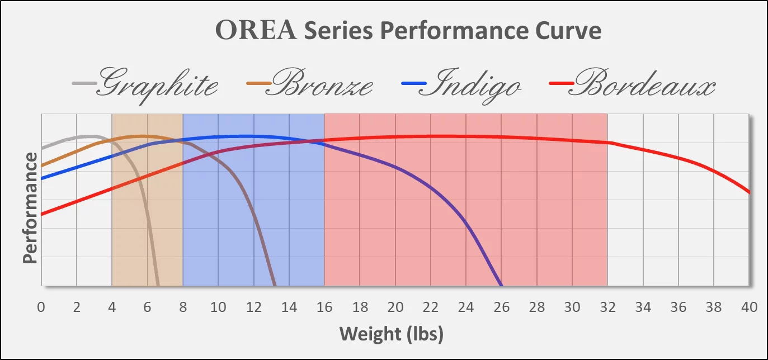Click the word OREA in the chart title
pyautogui.click(x=257, y=31)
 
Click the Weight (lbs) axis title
pyautogui.click(x=392, y=334)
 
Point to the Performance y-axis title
pyautogui.click(x=30, y=207)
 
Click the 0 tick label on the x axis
pyautogui.click(x=41, y=307)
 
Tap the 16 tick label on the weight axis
pyautogui.click(x=324, y=307)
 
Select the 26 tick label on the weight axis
pyautogui.click(x=501, y=307)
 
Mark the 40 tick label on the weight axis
pyautogui.click(x=749, y=307)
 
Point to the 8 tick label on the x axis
pyautogui.click(x=183, y=307)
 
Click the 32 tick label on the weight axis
pyautogui.click(x=607, y=307)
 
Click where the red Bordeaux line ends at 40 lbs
pyautogui.click(x=748, y=192)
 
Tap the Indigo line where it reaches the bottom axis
pyautogui.click(x=501, y=285)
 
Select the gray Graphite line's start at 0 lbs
pyautogui.click(x=42, y=148)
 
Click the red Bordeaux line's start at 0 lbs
pyautogui.click(x=42, y=214)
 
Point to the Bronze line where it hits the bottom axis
pyautogui.click(x=275, y=285)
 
